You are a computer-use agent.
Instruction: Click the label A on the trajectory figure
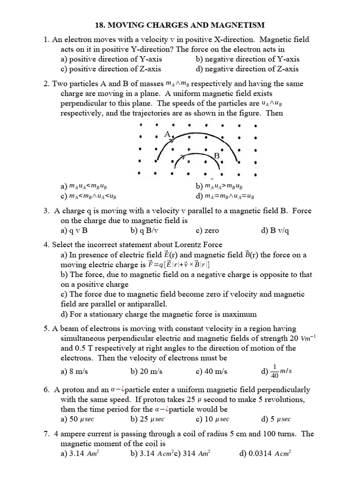point(167,135)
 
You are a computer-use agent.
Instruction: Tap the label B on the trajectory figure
point(217,156)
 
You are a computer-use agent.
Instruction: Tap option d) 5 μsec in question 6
point(277,419)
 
